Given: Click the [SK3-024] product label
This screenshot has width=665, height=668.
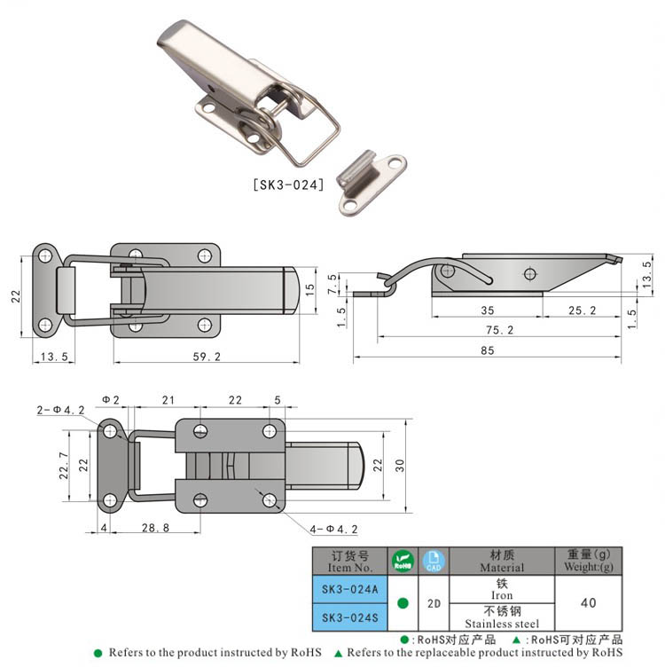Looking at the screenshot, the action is pos(288,185).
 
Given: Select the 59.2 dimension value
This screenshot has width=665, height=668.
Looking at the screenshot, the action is pos(207,357).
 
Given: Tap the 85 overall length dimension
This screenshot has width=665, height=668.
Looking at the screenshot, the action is pos(488,350).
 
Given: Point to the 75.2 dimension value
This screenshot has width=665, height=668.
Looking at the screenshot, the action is pos(500,330).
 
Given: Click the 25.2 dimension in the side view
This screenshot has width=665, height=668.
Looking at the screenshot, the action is pos(583,310).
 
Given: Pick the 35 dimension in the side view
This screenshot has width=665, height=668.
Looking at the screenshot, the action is pos(488,310).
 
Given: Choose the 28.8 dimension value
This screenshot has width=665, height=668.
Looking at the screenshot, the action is pos(155,528).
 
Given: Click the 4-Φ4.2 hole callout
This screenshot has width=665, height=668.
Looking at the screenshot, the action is pos(333,530).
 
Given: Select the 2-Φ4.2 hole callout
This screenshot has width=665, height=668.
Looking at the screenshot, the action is pos(60,410).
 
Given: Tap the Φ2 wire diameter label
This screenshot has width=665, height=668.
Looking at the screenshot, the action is pos(111,400).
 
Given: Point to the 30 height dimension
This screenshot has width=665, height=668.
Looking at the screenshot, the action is pos(400,465).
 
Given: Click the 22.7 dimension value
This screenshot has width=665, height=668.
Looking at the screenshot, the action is pos(64,465).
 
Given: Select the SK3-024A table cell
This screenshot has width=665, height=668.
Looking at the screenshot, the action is pos(350,589).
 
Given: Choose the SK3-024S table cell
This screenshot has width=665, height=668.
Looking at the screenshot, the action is pos(350,617).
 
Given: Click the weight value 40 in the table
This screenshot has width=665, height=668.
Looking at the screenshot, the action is pos(589,603).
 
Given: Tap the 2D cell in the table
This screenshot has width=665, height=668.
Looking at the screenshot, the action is pos(434,603).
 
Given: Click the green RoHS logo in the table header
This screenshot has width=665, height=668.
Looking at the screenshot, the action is pos(403,561).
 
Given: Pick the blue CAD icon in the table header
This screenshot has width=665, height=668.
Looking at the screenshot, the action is pos(434,561).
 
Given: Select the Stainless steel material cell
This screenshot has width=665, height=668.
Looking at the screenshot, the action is pos(502,617).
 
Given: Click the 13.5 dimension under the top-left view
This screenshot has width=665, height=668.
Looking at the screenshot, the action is pos(54,357).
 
